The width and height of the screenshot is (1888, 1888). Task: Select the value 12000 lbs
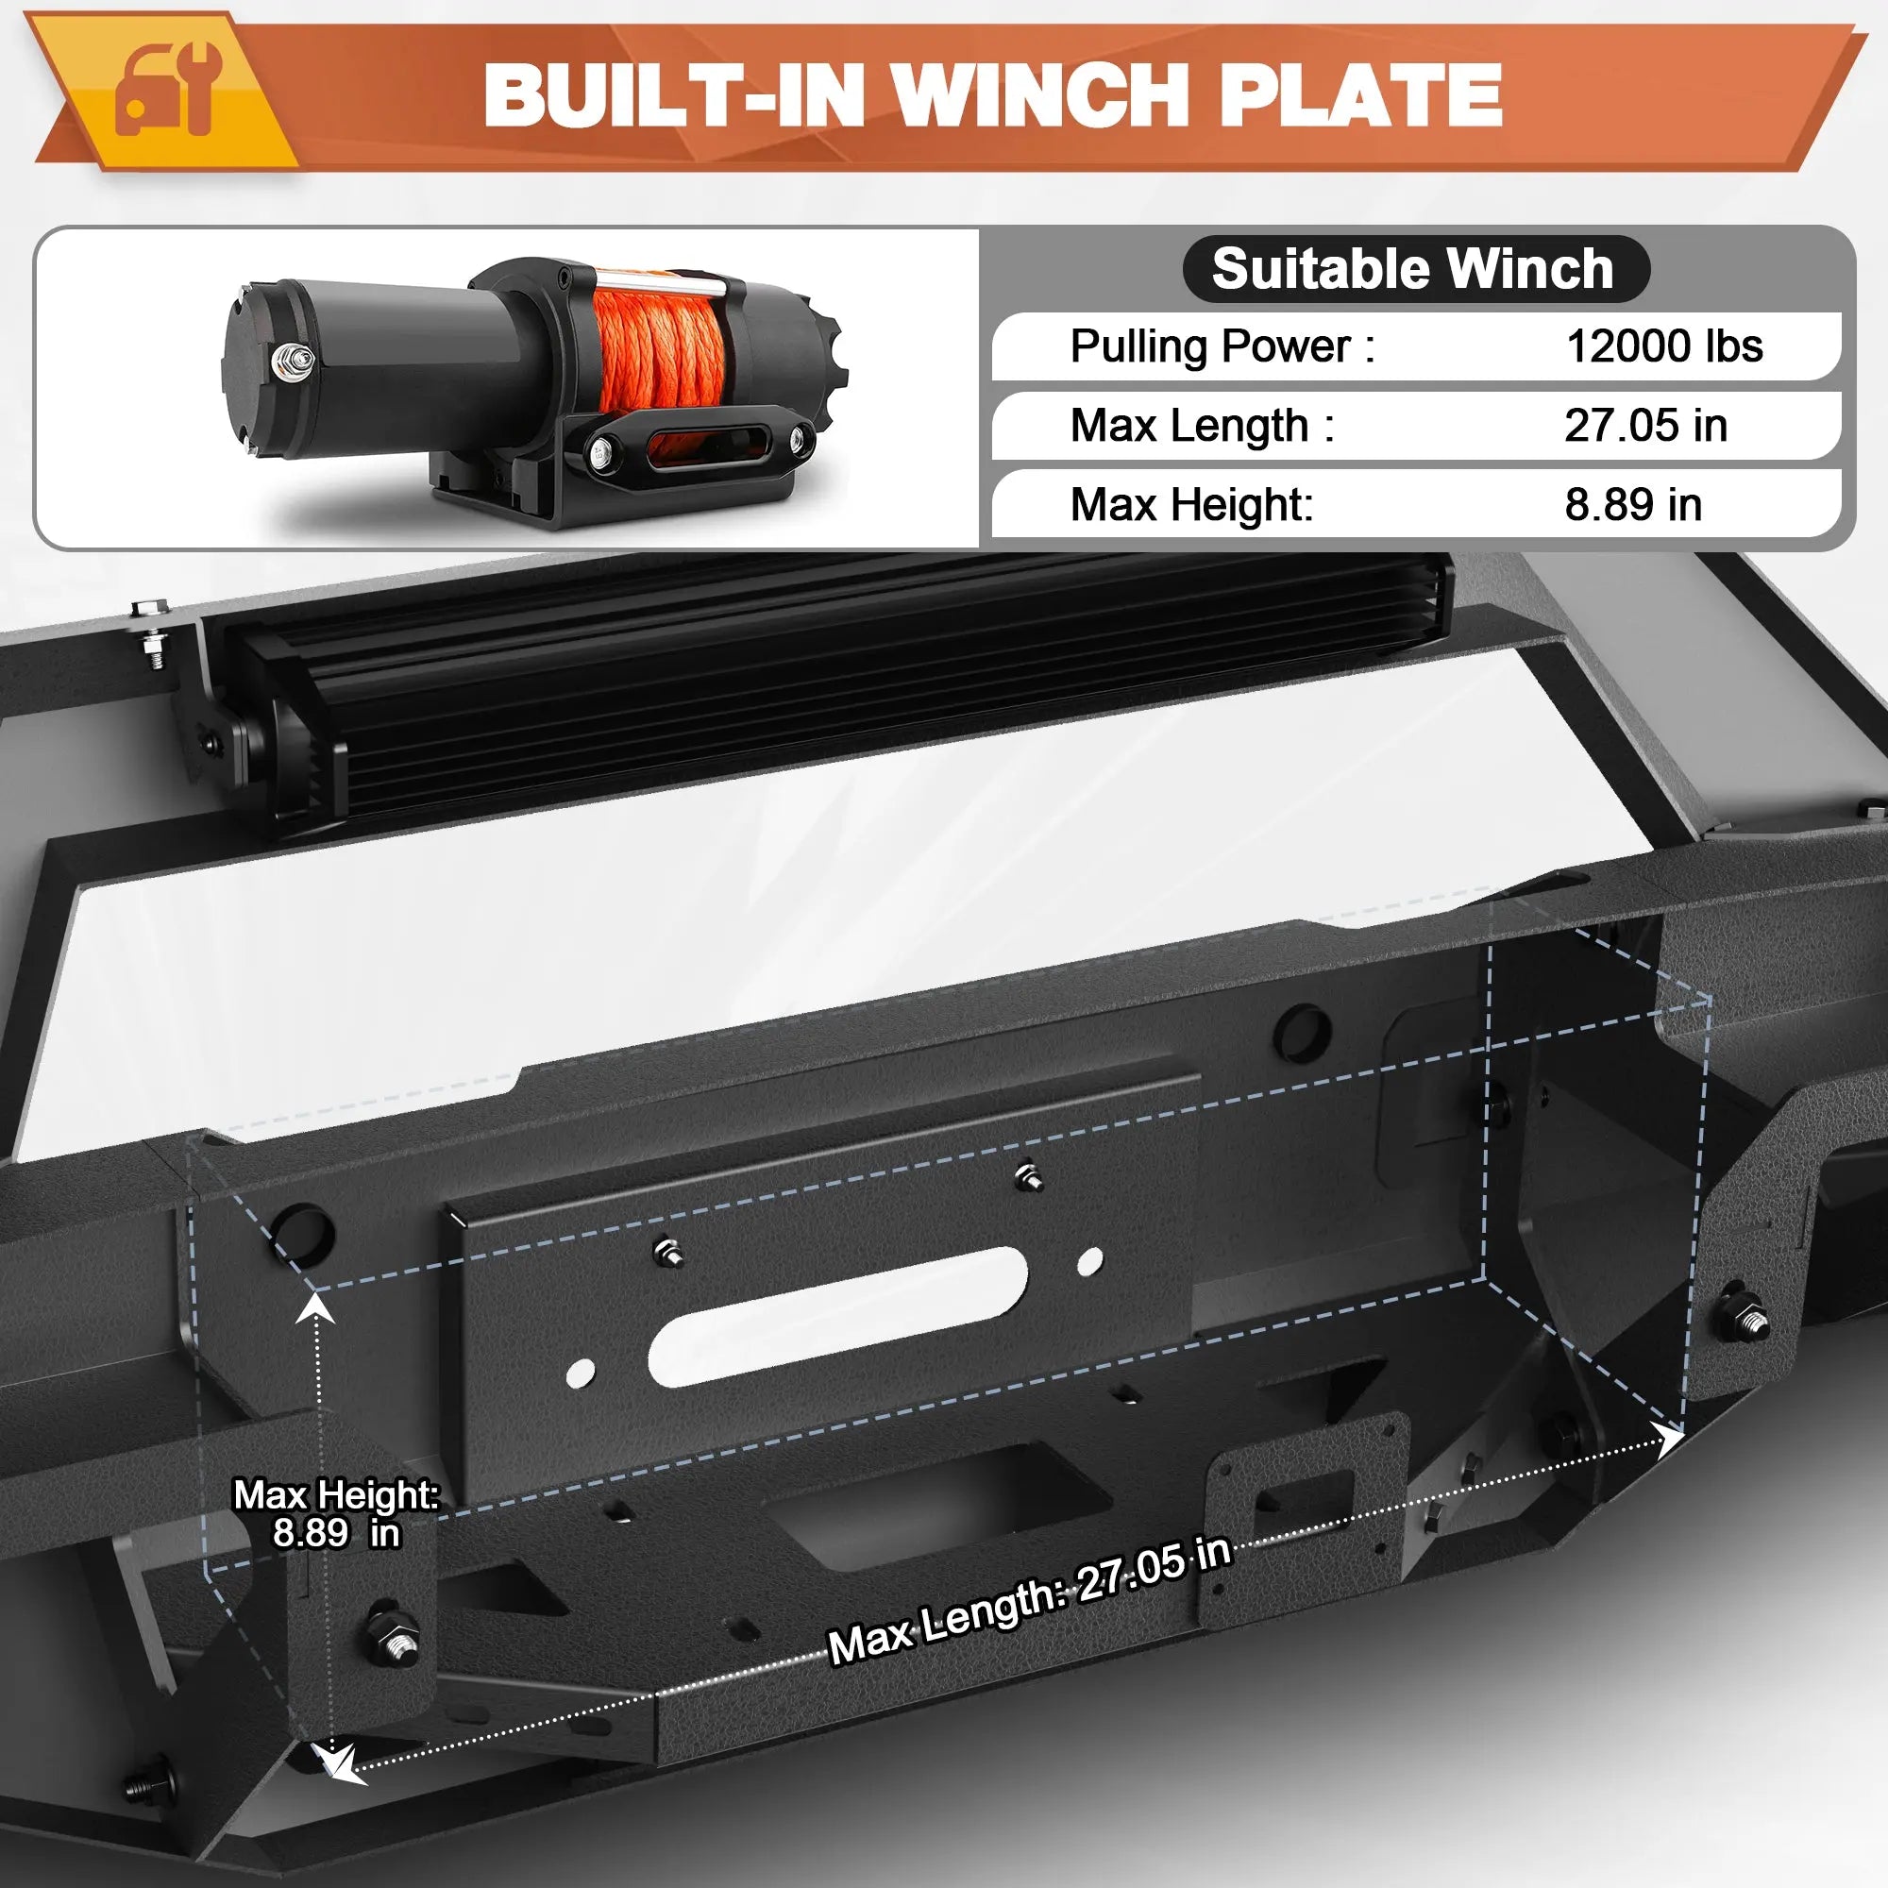point(1664,346)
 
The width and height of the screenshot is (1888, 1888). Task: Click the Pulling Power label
point(1222,346)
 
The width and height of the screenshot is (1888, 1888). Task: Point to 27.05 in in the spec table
point(1645,425)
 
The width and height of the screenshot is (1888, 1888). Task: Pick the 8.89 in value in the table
point(1633,504)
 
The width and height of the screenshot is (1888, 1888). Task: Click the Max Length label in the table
point(1202,426)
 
